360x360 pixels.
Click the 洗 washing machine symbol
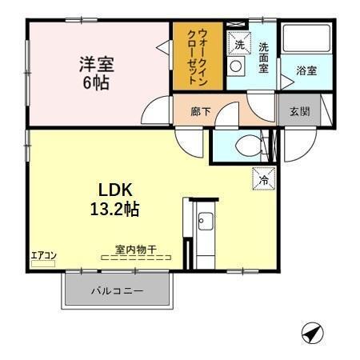[238, 44]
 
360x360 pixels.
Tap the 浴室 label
[306, 70]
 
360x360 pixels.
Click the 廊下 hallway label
[201, 111]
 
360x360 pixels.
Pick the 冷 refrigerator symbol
[262, 180]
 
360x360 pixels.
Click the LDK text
[118, 191]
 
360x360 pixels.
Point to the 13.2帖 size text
[118, 210]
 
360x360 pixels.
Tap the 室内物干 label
[135, 248]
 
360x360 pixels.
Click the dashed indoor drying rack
[135, 258]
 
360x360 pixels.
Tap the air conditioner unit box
[43, 264]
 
